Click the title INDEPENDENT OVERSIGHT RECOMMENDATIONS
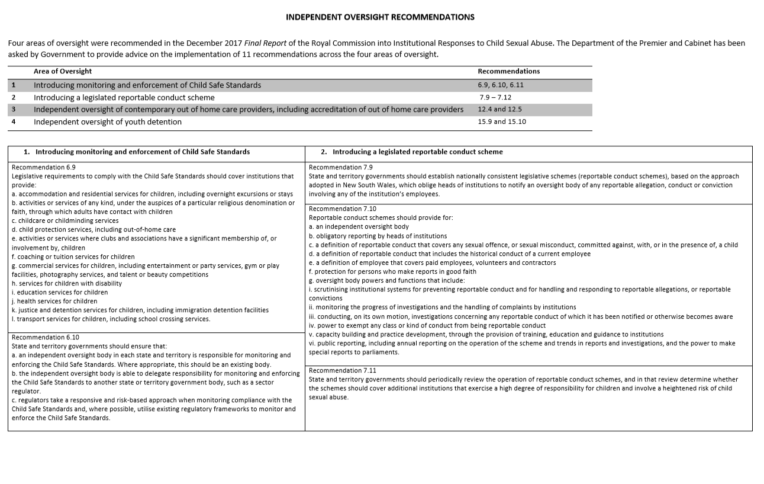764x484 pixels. [380, 17]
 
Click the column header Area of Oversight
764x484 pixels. [62, 71]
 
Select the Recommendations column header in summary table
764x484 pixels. [508, 71]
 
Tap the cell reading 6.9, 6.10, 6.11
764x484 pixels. [501, 85]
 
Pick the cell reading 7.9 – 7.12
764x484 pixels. [496, 97]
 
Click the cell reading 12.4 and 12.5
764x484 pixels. [499, 110]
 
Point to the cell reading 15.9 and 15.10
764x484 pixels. [501, 122]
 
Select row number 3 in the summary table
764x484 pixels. [14, 110]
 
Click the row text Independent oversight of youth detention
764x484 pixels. [107, 122]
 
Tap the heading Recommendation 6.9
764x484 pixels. [43, 168]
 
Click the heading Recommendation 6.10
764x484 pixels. [45, 337]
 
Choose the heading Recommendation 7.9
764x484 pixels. [340, 168]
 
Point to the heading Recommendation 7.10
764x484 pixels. [342, 209]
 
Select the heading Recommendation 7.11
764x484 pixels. [342, 370]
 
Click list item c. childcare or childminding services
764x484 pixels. [65, 221]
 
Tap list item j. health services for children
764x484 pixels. [54, 301]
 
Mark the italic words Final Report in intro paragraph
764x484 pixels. [271, 43]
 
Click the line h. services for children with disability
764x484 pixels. [67, 283]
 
